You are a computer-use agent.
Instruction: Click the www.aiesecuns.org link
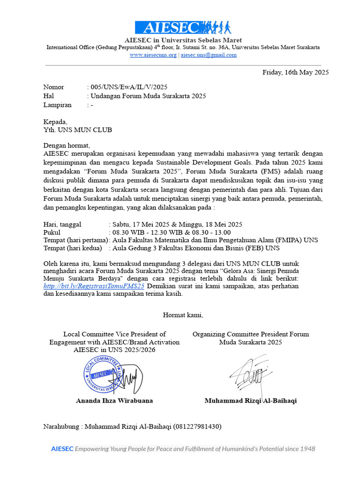click(x=153, y=55)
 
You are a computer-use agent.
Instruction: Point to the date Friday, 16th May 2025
click(x=295, y=72)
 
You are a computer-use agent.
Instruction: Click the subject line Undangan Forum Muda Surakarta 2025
click(x=148, y=96)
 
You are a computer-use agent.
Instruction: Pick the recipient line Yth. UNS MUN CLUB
click(x=77, y=130)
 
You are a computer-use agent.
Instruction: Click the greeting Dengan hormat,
click(x=66, y=145)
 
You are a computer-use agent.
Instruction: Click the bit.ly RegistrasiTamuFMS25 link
click(x=94, y=286)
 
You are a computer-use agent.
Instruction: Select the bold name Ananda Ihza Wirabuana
click(x=114, y=401)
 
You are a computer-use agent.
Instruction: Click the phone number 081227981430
click(x=197, y=427)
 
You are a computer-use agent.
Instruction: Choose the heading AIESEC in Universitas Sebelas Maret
click(x=183, y=40)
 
